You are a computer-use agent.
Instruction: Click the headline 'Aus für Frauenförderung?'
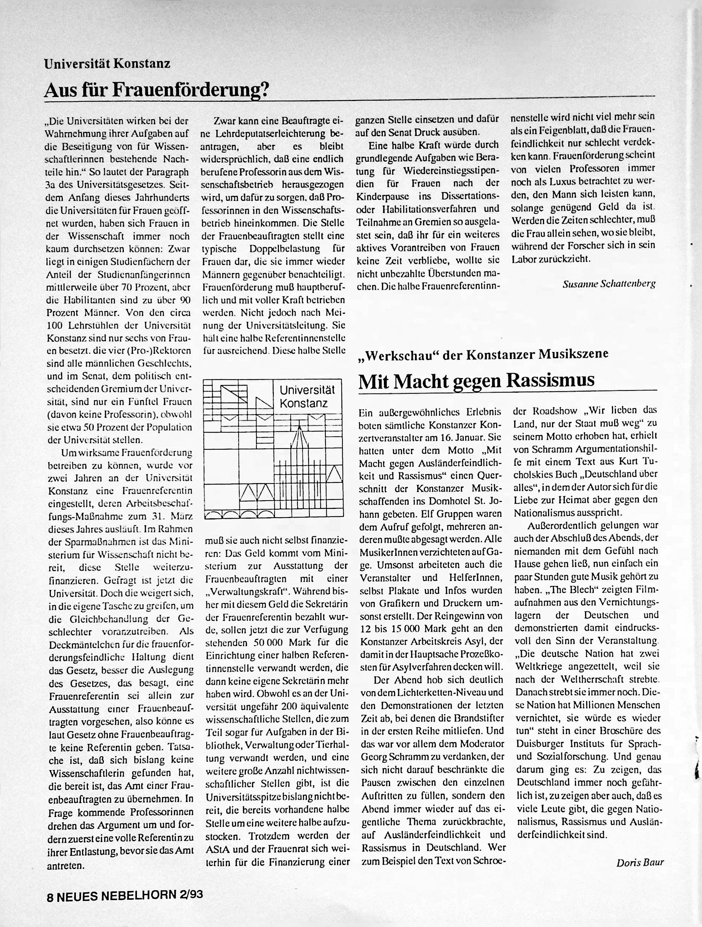point(156,89)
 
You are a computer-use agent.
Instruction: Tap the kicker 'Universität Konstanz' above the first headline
point(107,64)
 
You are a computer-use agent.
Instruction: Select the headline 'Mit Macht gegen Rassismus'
point(476,380)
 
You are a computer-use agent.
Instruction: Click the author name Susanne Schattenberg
point(609,284)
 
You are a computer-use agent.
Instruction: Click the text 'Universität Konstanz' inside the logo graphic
point(307,396)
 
